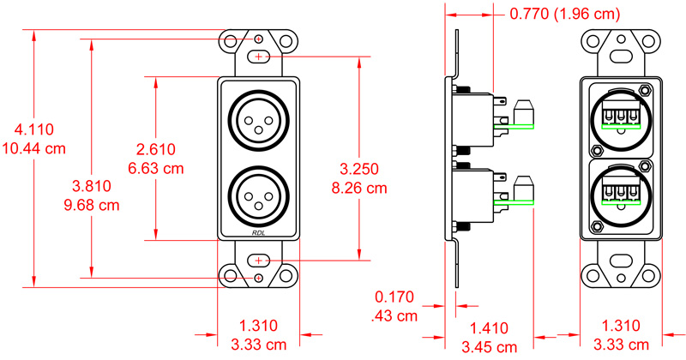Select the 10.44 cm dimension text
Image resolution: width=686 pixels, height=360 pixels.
34,147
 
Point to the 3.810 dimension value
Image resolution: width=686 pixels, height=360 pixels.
90,186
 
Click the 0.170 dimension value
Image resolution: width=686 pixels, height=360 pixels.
394,297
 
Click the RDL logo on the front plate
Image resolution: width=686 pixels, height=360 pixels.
259,233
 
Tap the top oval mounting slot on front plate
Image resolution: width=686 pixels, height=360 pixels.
259,57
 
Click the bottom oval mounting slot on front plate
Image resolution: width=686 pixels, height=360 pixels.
259,260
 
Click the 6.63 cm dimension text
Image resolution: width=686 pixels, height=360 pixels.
155,166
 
